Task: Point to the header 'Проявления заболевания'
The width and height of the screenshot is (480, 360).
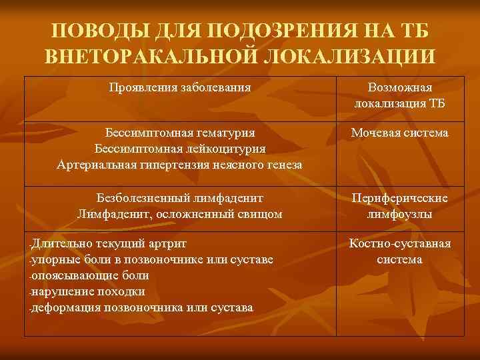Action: coord(180,87)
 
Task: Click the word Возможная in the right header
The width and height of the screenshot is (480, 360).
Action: coord(400,88)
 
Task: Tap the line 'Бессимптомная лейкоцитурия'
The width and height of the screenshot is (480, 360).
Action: coord(180,148)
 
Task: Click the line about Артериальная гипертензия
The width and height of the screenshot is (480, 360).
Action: coord(180,164)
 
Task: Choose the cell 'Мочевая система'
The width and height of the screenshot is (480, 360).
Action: coord(400,133)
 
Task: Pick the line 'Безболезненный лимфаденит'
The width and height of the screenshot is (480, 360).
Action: coord(180,198)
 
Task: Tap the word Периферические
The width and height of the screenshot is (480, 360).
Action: coord(400,199)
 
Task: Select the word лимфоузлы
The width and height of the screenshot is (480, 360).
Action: coord(400,215)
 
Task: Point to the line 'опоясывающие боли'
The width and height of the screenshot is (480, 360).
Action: coord(91,275)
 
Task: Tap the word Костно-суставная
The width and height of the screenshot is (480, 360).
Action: coord(400,243)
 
